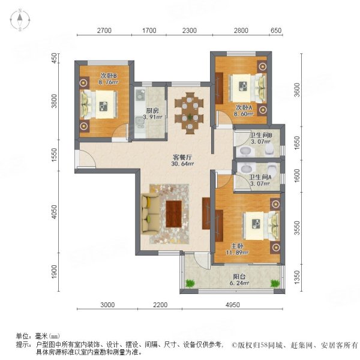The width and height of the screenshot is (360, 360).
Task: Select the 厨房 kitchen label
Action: (152, 110)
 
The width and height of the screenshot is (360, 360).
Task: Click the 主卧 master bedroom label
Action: (236, 245)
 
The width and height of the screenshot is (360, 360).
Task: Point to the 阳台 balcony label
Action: (240, 276)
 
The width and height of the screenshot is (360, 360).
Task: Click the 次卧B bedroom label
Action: (109, 76)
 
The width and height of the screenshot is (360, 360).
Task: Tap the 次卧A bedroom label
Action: (242, 107)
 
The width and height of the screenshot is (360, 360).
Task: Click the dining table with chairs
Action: (190, 108)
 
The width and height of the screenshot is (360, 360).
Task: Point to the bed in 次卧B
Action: (96, 107)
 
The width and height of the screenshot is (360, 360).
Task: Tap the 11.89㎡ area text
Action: (236, 253)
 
